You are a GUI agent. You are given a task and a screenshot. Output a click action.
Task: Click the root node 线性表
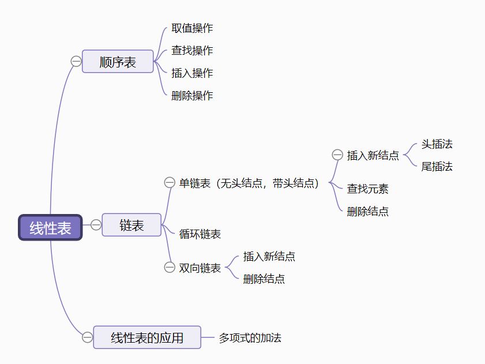coord(51,228)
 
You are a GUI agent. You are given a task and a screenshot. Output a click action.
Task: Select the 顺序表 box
coord(118,62)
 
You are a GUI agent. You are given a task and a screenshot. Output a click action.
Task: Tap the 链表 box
coord(131,225)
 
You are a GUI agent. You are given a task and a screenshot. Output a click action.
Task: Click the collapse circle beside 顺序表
coord(76,62)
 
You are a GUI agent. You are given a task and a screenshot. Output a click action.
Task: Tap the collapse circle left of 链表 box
coord(96,225)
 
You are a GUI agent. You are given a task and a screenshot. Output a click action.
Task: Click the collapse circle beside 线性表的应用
coord(87,337)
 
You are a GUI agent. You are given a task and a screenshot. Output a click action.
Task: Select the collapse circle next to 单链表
coord(170,183)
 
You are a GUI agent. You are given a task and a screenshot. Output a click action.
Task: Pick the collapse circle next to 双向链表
coord(170,267)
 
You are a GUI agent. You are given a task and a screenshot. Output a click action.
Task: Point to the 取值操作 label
coord(192,28)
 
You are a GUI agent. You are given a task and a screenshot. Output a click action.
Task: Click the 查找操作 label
coord(192,51)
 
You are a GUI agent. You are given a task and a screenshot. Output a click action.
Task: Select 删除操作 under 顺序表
coord(192,96)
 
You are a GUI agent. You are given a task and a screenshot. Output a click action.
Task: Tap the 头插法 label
coord(437,144)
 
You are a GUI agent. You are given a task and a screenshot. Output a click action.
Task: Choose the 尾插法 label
coord(437,167)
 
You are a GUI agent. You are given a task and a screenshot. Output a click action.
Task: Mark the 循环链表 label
coord(200,234)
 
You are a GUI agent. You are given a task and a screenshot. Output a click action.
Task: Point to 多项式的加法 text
coord(250,338)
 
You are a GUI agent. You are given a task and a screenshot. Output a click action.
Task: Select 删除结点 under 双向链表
coord(264,279)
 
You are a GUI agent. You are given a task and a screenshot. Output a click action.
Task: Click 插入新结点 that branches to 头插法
coord(373,155)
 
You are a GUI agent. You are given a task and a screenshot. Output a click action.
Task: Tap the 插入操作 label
coord(192,73)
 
